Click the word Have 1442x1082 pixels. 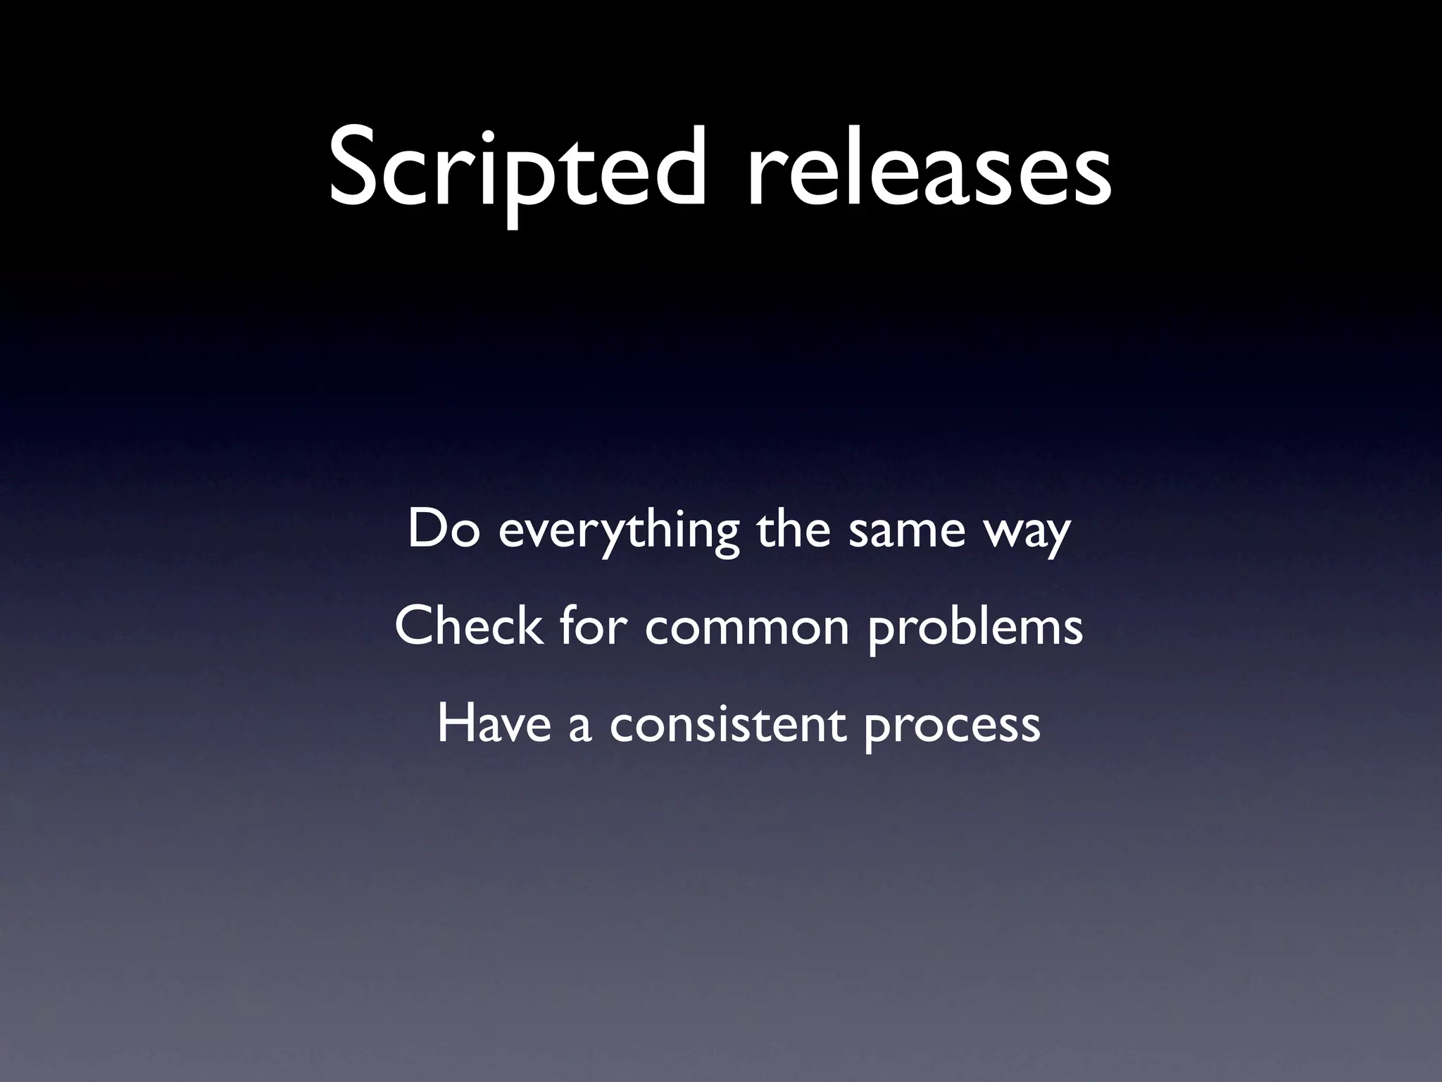point(494,723)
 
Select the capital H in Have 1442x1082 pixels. point(456,723)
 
